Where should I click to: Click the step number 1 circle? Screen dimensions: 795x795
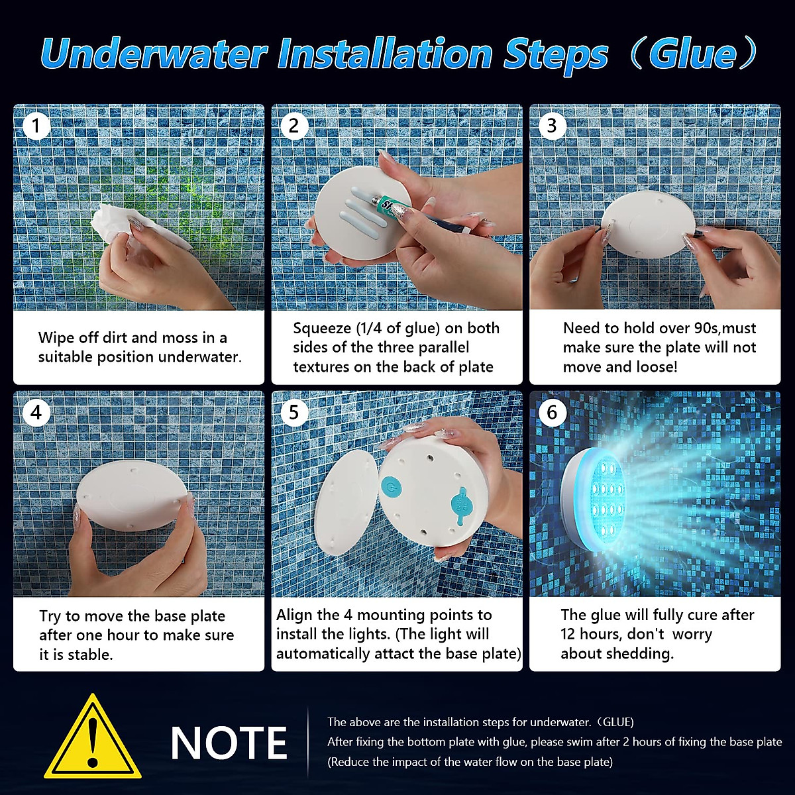pyautogui.click(x=36, y=126)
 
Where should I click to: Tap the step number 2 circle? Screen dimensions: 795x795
pyautogui.click(x=294, y=126)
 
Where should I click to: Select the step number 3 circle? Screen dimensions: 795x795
pyautogui.click(x=553, y=126)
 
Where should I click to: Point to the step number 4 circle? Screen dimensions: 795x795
pyautogui.click(x=36, y=413)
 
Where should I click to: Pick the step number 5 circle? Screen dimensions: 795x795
pyautogui.click(x=294, y=413)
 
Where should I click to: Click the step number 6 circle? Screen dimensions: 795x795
pyautogui.click(x=553, y=413)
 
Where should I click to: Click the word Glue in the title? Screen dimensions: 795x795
pyautogui.click(x=692, y=54)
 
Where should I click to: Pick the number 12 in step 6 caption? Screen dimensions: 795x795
pyautogui.click(x=570, y=634)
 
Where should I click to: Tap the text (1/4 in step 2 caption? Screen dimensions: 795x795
pyautogui.click(x=372, y=329)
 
